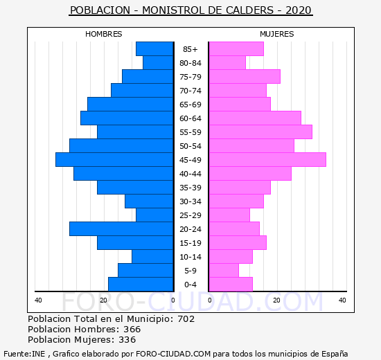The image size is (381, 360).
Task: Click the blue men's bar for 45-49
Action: coord(114,160)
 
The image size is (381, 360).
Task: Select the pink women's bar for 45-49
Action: coord(267,160)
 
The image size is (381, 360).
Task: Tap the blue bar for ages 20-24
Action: coord(121,229)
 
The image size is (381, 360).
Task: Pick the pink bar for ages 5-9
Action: coord(224,271)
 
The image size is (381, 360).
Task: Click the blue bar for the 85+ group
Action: coord(154,49)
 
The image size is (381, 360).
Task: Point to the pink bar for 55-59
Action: coord(260,132)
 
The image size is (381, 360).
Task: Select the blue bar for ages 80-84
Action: coord(158,63)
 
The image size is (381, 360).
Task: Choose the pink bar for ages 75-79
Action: coord(245,77)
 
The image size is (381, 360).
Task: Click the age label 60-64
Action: coord(190,118)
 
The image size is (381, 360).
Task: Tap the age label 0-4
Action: coord(190,285)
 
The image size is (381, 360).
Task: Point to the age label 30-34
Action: coord(190,201)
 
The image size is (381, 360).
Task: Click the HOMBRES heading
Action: coord(104,34)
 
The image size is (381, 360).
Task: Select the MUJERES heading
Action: coord(277,34)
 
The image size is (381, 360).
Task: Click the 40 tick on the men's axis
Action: coord(38,300)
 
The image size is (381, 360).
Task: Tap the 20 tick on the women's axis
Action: coord(276,300)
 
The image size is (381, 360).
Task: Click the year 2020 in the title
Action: coord(299,10)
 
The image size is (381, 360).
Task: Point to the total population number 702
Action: coord(186,318)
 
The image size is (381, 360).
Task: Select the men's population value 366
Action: coord(132,329)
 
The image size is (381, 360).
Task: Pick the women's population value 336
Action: coord(127,340)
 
